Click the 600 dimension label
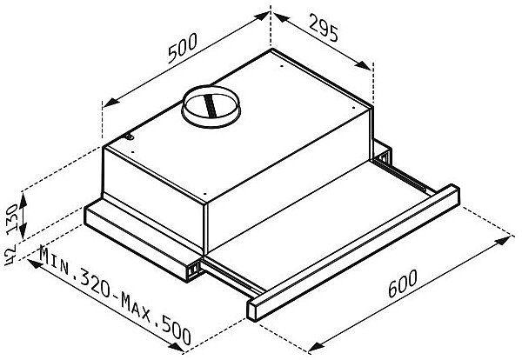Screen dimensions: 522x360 pyautogui.click(x=403, y=283)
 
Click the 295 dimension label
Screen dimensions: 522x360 pyautogui.click(x=324, y=28)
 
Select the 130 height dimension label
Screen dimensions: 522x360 pyautogui.click(x=12, y=218)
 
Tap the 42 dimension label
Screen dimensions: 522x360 pyautogui.click(x=10, y=255)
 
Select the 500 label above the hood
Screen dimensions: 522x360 pyautogui.click(x=183, y=48)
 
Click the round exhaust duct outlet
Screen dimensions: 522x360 pyautogui.click(x=211, y=106)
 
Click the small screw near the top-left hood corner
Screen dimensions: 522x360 pyautogui.click(x=130, y=137)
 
